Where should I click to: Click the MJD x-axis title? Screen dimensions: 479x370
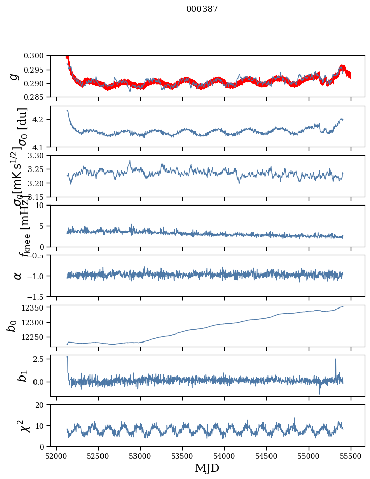pos(207,468)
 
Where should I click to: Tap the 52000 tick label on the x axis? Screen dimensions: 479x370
pos(56,456)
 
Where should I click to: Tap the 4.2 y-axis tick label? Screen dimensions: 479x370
pos(43,120)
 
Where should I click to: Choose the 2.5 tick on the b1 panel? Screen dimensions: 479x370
pos(43,359)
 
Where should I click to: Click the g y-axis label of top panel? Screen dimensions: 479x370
pos(15,76)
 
